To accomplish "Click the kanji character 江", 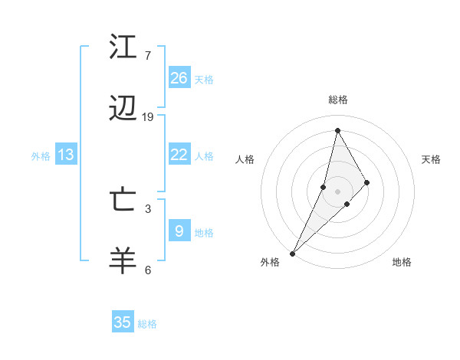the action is point(123,47).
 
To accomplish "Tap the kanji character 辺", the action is point(123,110).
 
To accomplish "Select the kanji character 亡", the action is point(123,201).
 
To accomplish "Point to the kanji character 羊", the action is point(123,260).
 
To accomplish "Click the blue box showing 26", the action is point(179,78).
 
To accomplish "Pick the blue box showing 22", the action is point(179,155).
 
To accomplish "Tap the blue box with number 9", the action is point(179,231).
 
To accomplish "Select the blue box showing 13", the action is point(66,155).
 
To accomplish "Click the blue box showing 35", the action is point(123,322).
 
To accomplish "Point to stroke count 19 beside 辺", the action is point(148,117).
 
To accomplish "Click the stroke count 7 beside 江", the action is point(147,56).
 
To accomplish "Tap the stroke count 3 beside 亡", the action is point(147,208).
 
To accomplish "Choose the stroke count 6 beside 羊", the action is point(147,270).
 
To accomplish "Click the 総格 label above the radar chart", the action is point(338,100).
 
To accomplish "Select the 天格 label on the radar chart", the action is point(432,159).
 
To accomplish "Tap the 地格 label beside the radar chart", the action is point(402,262).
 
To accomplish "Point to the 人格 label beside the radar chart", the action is point(245,159).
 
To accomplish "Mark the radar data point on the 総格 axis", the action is point(337,130).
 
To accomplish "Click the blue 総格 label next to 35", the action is point(147,324).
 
